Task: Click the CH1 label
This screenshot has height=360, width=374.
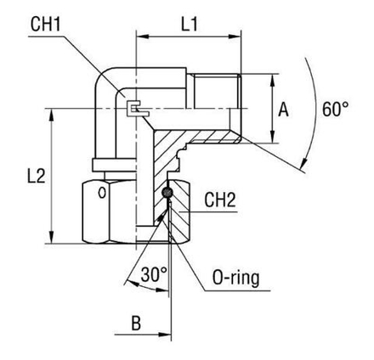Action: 46,24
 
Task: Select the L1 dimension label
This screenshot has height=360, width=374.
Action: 190,24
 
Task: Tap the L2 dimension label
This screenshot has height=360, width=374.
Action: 36,176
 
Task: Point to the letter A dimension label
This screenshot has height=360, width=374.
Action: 283,110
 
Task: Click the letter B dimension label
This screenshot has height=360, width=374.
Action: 136,323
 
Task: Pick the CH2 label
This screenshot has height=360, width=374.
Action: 220,200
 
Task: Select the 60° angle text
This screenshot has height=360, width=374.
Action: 335,109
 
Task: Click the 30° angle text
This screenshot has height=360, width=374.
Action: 154,274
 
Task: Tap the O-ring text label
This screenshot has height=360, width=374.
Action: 235,278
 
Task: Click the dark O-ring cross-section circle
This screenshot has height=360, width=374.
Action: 167,193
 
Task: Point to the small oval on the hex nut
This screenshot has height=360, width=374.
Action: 102,193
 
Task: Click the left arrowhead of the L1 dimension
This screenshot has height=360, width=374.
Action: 143,37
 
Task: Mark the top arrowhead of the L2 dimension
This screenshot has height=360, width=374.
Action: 51,115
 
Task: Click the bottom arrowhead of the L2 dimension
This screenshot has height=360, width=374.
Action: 51,237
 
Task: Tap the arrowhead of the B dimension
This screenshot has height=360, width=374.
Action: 165,335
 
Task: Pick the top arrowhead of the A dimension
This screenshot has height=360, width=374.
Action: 272,81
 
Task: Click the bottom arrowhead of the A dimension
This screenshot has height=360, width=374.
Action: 272,137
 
